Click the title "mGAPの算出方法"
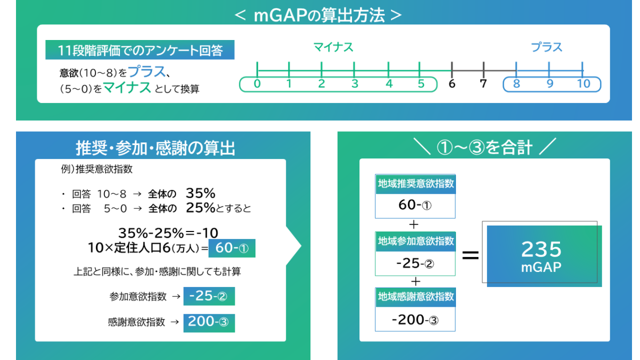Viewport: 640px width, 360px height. [x=318, y=15]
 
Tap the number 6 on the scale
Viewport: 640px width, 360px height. [x=452, y=84]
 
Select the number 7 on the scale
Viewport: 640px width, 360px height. [x=484, y=84]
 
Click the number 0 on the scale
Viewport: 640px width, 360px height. [x=257, y=84]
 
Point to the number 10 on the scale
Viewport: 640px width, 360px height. [x=583, y=84]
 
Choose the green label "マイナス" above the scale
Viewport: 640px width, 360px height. [x=333, y=47]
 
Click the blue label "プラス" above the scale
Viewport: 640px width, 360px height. [x=547, y=47]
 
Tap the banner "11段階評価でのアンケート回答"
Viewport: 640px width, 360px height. [x=140, y=51]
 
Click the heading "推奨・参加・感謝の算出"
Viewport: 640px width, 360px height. [x=156, y=148]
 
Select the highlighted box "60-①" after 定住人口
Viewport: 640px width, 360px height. [x=232, y=248]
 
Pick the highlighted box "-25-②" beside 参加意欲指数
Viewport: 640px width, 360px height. [x=209, y=297]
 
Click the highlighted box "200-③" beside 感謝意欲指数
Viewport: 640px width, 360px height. [x=209, y=322]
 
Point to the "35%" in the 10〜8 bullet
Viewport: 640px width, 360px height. [x=201, y=193]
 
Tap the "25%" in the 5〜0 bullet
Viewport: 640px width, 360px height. [x=201, y=208]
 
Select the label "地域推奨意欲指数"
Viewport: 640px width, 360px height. [x=415, y=184]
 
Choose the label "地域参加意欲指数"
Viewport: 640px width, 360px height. [x=415, y=241]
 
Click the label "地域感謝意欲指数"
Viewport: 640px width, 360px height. [x=415, y=297]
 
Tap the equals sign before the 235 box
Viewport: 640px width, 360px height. [x=470, y=255]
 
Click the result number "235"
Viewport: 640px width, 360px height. [x=541, y=250]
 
